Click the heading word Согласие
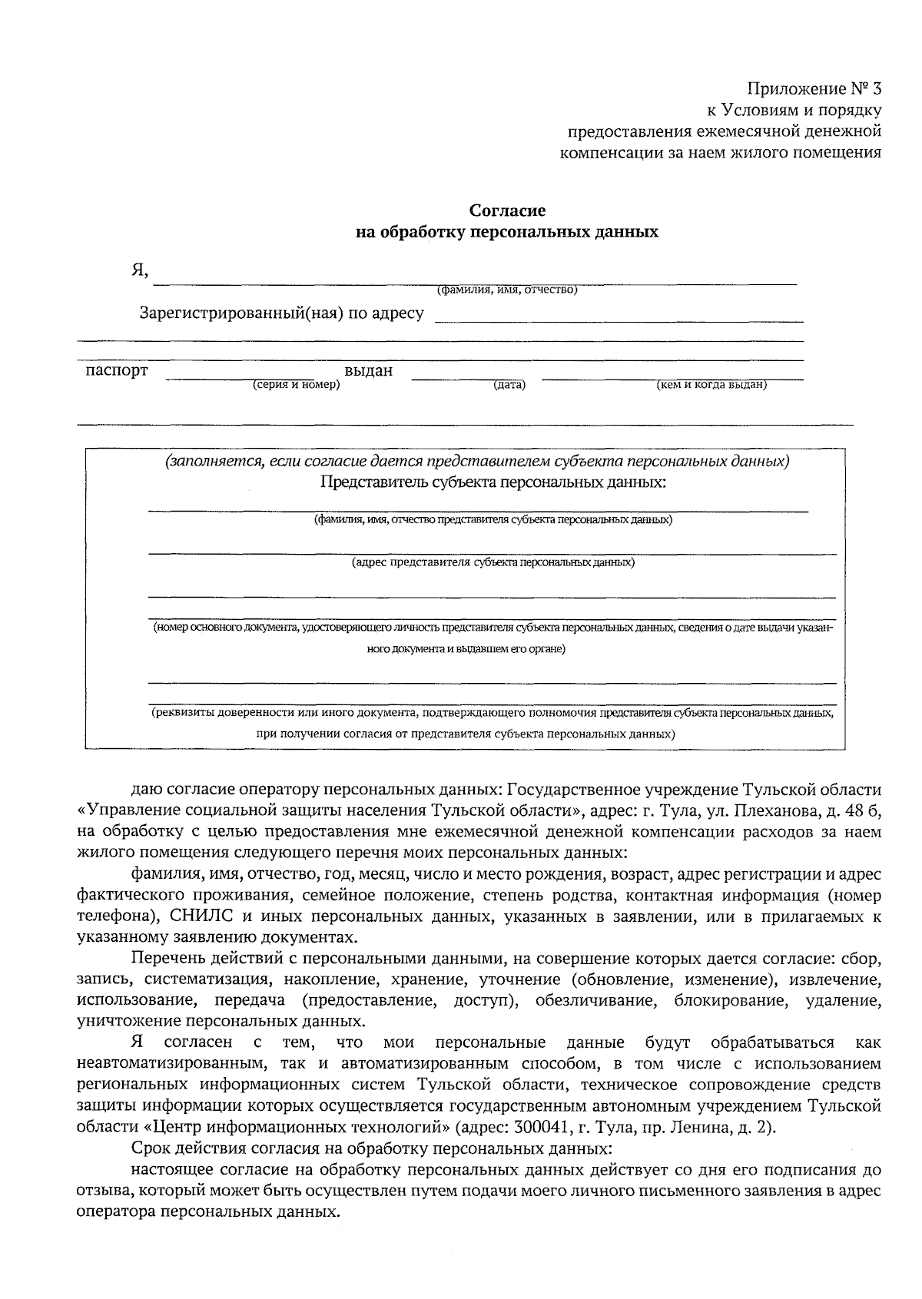(x=507, y=210)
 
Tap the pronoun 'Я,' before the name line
(x=139, y=271)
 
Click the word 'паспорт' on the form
(x=116, y=371)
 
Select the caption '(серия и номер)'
(x=296, y=385)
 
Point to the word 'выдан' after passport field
(x=368, y=371)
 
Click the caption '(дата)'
(x=509, y=385)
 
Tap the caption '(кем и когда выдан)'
(x=711, y=385)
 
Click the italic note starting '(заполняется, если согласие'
(x=476, y=462)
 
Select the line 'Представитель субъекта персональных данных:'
(x=493, y=483)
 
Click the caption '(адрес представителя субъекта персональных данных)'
(x=493, y=562)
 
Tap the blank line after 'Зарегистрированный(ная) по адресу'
(x=619, y=318)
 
